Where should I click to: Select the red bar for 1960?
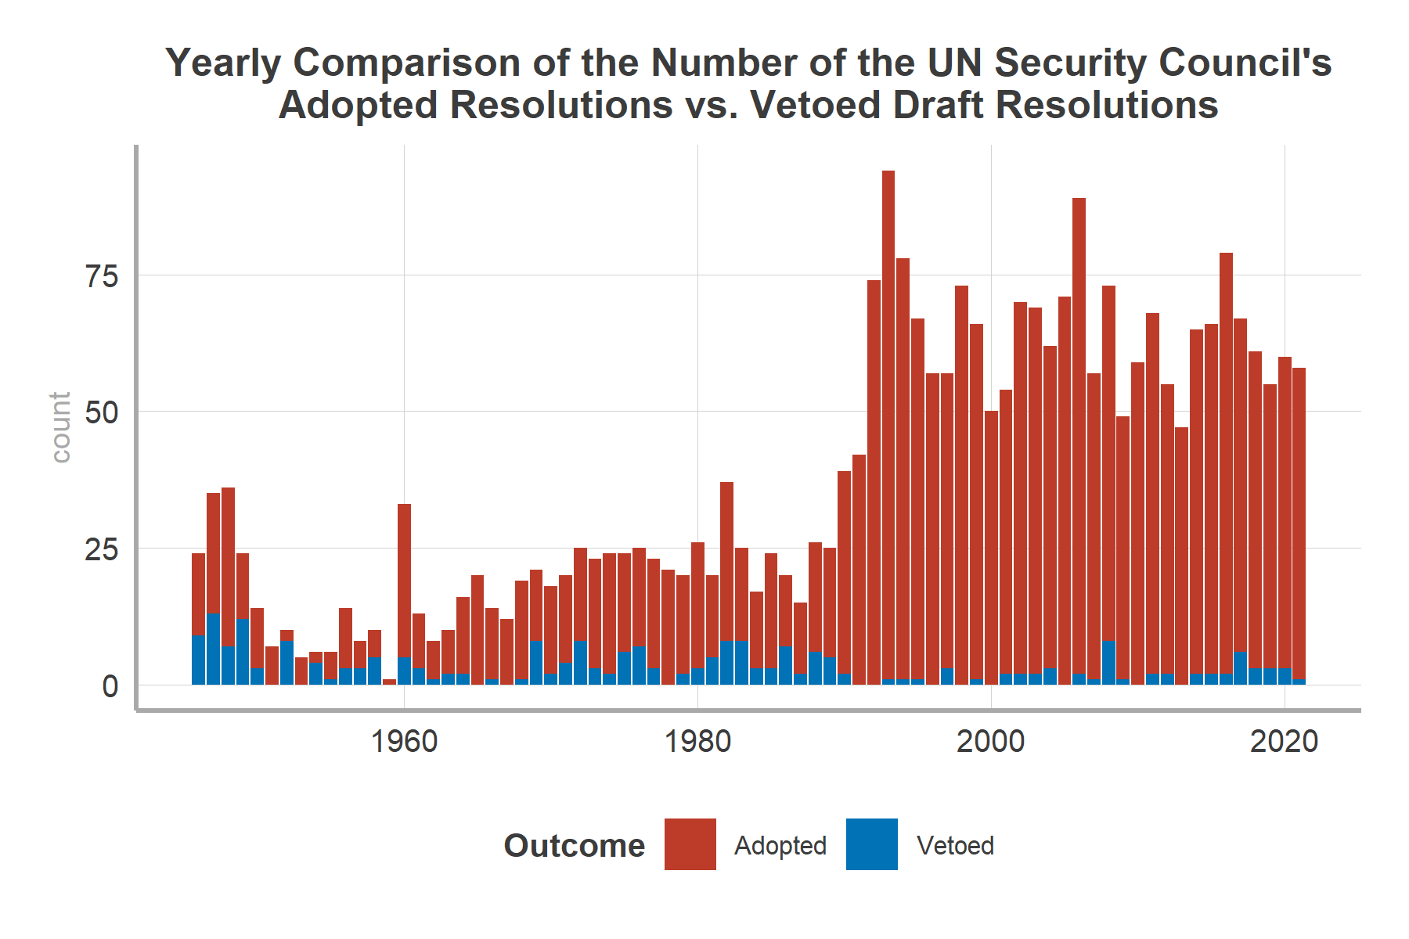tap(404, 579)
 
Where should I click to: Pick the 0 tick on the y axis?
tap(110, 686)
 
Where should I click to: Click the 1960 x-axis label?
tap(404, 741)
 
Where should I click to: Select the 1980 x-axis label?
tap(697, 741)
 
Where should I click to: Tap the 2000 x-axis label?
tap(990, 741)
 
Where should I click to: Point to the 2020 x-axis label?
tap(1284, 741)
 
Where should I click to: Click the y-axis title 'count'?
tap(60, 427)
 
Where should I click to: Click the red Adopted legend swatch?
tap(690, 844)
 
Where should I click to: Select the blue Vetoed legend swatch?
tap(871, 844)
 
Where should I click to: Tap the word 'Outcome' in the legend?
tap(574, 846)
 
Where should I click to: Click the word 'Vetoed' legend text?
tap(955, 846)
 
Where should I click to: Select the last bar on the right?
tap(1299, 524)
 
